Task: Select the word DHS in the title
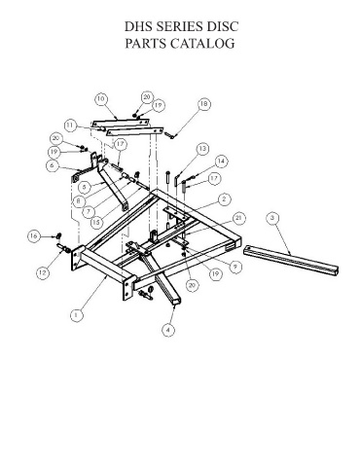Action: click(138, 26)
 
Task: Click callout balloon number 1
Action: click(77, 315)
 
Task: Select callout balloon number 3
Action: click(272, 218)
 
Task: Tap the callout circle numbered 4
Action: click(168, 330)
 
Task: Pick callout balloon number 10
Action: click(101, 99)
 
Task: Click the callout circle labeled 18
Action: click(204, 104)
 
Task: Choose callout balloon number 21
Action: click(238, 218)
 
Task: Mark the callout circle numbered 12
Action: click(43, 272)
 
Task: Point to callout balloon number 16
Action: click(34, 236)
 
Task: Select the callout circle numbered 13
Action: click(202, 149)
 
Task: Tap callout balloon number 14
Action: click(221, 162)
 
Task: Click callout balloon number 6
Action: click(53, 165)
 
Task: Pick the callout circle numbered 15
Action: click(96, 222)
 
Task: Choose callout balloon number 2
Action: click(224, 199)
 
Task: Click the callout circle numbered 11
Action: click(71, 126)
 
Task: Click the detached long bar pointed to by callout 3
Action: click(291, 261)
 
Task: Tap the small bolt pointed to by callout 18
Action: click(170, 134)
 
